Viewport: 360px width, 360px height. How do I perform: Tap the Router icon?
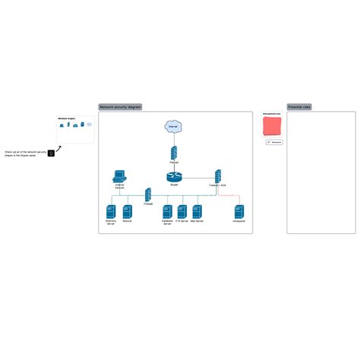174,177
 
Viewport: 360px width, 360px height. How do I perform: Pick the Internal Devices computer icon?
119,176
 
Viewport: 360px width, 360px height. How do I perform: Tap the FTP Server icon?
182,211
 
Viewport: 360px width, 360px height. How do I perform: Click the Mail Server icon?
197,211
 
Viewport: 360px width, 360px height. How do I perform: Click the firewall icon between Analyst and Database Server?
148,194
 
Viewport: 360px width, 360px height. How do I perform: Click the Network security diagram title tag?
120,107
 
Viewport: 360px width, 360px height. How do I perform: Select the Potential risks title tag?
299,107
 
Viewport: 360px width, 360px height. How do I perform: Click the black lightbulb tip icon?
51,153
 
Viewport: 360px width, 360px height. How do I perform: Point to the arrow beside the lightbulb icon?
58,147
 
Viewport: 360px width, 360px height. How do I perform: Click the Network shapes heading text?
67,118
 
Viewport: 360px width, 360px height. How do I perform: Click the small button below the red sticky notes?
274,142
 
